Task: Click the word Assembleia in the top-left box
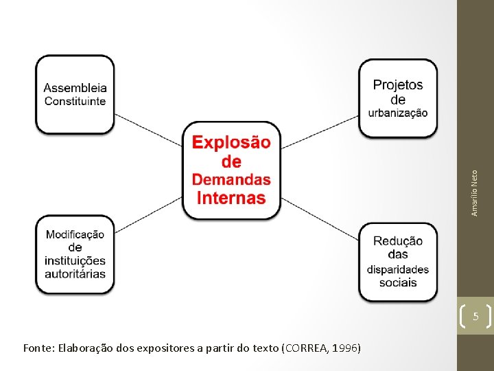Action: (x=75, y=88)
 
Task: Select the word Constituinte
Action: (x=75, y=101)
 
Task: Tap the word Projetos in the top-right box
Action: (x=398, y=85)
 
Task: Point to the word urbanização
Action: (x=398, y=113)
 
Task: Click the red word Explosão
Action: (x=231, y=142)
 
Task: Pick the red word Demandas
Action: (x=231, y=180)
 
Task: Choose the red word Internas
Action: (x=231, y=199)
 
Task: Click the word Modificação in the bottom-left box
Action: (x=75, y=234)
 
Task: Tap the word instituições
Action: (x=75, y=260)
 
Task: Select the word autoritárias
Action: (x=75, y=273)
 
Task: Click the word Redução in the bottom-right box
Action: (x=398, y=241)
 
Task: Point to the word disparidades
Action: (x=398, y=269)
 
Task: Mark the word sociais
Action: (x=398, y=282)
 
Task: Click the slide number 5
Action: (x=475, y=317)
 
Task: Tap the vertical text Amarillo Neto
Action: (x=475, y=193)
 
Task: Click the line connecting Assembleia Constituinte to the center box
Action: (x=148, y=128)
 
